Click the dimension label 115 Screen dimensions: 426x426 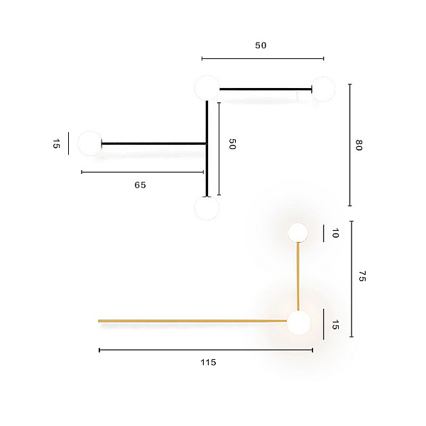tap(208, 362)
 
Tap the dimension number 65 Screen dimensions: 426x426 tap(140, 185)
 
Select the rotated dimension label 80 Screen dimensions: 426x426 tap(359, 145)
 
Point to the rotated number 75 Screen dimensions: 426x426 tap(362, 276)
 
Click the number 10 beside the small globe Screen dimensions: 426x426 tap(336, 233)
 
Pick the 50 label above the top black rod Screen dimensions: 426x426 tap(261, 45)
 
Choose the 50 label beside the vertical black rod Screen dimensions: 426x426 tap(232, 144)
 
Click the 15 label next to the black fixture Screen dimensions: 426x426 tap(56, 143)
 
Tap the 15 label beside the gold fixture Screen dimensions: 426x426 tap(336, 324)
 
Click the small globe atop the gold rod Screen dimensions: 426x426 tap(298, 233)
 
